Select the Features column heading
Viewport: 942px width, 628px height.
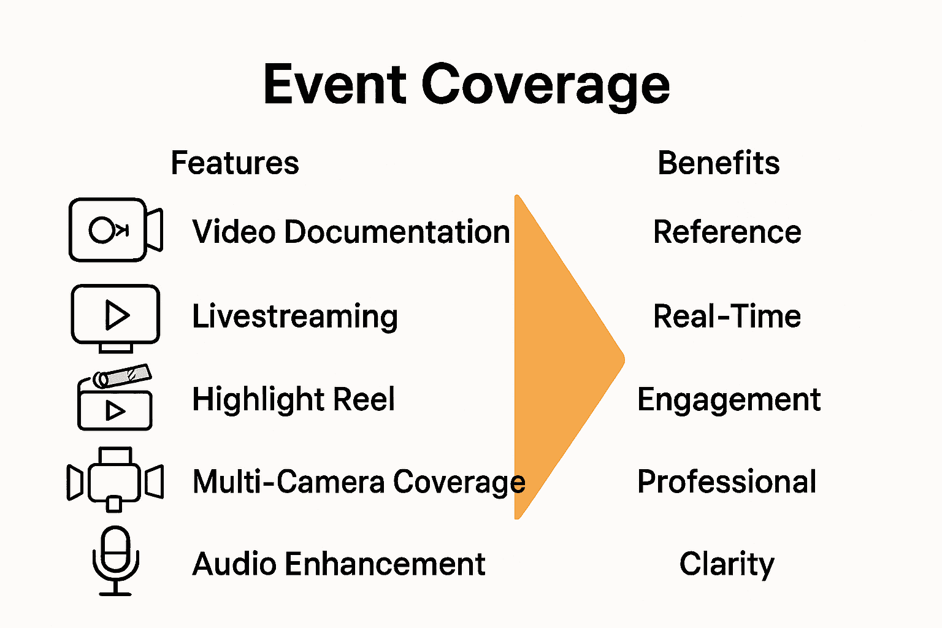point(235,163)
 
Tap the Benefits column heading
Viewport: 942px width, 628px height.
point(718,163)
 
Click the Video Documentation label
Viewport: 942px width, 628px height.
point(351,232)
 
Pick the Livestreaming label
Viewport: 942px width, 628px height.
point(295,317)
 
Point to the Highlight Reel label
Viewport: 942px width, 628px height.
point(293,399)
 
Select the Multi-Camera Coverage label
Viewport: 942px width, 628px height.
point(359,482)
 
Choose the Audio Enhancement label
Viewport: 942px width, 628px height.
point(339,564)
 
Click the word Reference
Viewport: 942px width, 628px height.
point(727,232)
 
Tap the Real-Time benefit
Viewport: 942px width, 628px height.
point(727,317)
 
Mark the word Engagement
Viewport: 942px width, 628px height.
point(729,400)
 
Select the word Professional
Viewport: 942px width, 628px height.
point(727,482)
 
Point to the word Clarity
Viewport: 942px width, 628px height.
point(727,564)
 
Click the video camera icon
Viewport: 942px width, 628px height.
point(115,230)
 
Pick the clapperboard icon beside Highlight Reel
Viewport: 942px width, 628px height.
point(115,399)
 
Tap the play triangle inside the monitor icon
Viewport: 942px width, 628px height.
point(117,315)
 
